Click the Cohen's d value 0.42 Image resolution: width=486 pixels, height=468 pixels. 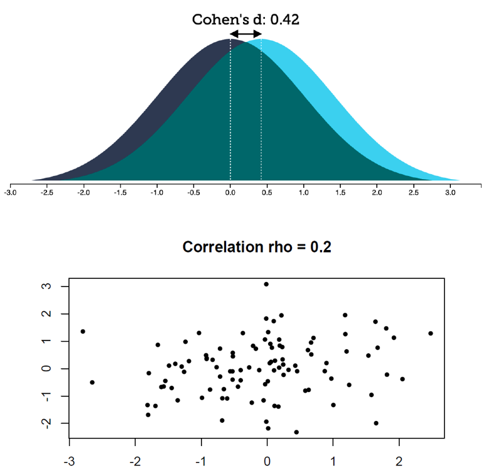(x=284, y=19)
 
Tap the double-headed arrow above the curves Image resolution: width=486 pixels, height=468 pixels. (x=246, y=33)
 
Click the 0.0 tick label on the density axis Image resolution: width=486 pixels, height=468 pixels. (x=230, y=193)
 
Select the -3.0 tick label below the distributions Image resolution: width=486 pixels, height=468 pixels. (x=10, y=193)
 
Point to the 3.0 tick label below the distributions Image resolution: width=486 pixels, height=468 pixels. (x=451, y=193)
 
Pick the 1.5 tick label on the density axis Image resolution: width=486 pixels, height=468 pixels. (x=340, y=193)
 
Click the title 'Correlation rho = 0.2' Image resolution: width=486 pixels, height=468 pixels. (x=257, y=247)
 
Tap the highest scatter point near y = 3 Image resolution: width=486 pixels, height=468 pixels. (x=266, y=284)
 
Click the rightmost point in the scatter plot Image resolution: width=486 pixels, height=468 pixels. (x=431, y=333)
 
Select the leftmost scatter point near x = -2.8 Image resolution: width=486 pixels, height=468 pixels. (x=82, y=331)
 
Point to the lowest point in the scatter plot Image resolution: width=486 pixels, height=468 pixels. (x=296, y=432)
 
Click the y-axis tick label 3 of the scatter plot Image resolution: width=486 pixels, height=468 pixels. (x=46, y=286)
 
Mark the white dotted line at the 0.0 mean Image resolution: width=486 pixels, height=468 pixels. (x=230, y=113)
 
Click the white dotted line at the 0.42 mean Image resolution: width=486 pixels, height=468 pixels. (x=261, y=113)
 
